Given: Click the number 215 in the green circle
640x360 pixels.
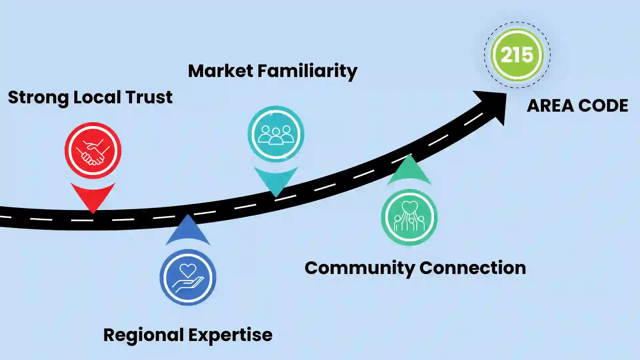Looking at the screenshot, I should [517, 55].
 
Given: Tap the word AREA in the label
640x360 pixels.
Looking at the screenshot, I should [550, 106].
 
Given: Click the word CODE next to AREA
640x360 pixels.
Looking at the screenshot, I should [603, 106].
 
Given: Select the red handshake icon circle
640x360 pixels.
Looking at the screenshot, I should [93, 151].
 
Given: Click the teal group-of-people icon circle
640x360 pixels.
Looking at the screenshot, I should [276, 134].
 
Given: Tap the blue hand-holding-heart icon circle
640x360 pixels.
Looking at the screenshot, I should [188, 277].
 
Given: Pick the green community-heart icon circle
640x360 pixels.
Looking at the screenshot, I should [409, 217].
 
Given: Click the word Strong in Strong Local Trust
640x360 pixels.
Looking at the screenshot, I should [38, 98].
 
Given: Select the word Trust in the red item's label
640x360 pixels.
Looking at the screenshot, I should [149, 97].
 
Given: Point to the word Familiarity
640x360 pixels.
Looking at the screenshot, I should [307, 71].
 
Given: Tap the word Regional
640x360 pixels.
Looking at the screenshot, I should [144, 335].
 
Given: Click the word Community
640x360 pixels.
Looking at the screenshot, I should [360, 268].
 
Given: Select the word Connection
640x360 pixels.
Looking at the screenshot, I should [473, 268].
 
